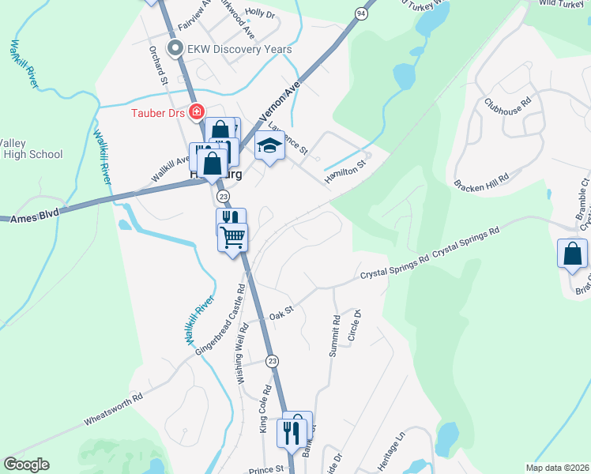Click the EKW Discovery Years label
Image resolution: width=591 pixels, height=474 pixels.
click(x=239, y=49)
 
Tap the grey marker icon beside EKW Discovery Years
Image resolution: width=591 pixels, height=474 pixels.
click(x=175, y=49)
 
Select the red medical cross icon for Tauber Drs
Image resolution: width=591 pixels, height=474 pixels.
click(x=195, y=114)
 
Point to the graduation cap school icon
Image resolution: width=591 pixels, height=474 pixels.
click(x=269, y=145)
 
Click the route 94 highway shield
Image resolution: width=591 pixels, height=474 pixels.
click(x=361, y=13)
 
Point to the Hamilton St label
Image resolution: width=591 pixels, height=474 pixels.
click(x=347, y=173)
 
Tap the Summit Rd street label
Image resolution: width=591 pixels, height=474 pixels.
click(x=334, y=337)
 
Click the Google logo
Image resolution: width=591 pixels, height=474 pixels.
click(x=26, y=465)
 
